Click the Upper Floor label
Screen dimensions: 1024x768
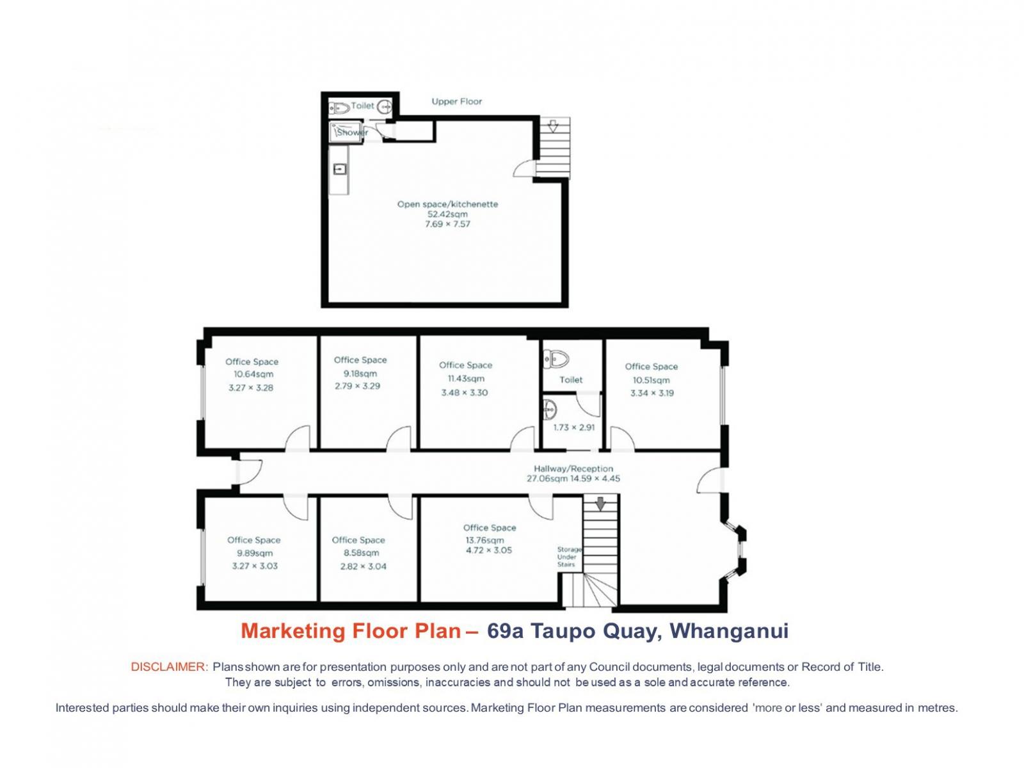[456, 101]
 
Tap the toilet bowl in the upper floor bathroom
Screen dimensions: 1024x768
[340, 109]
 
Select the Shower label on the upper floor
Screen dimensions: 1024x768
[352, 132]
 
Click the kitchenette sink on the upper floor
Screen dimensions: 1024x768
[340, 169]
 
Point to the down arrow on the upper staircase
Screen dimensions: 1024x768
[553, 126]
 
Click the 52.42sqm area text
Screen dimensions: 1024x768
[447, 214]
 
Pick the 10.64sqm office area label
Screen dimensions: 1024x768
[253, 374]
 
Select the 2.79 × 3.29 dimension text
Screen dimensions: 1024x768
[357, 386]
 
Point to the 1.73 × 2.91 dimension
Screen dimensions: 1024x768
[574, 427]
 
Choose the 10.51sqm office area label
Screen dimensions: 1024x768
[651, 380]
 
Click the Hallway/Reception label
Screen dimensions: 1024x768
[573, 468]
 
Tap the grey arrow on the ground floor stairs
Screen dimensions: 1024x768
[600, 503]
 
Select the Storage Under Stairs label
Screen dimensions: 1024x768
[569, 557]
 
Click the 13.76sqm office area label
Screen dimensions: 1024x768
[484, 540]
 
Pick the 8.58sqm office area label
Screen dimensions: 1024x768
[361, 552]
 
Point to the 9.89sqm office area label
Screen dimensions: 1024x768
[255, 553]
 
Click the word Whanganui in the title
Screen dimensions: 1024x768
[729, 631]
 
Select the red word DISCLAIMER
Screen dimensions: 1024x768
[170, 667]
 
